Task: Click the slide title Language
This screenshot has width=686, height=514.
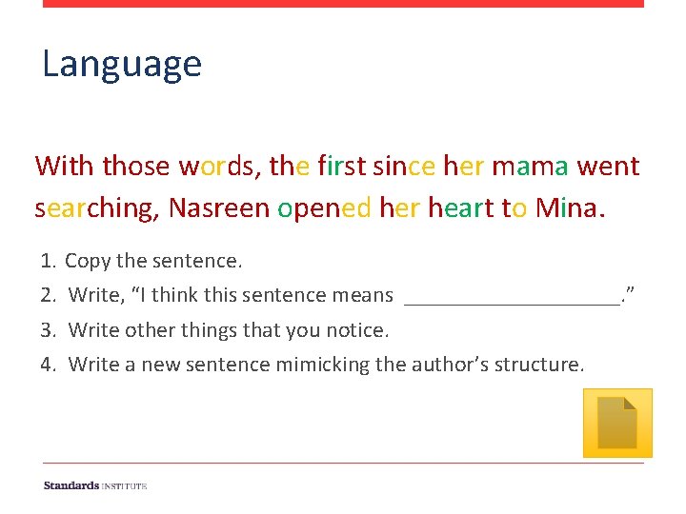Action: coord(122,65)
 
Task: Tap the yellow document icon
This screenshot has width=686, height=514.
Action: coord(617,423)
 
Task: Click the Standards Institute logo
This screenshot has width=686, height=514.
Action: coord(95,485)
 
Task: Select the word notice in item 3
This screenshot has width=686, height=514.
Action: coord(358,330)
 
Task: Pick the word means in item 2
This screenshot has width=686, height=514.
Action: coord(364,296)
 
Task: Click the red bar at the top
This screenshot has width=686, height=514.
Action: coord(343,4)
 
